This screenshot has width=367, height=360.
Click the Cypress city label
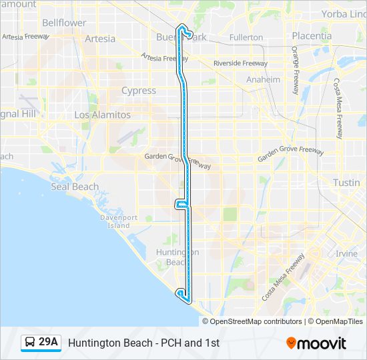point(139,91)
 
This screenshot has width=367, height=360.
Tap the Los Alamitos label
point(102,115)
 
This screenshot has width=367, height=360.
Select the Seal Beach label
point(75,187)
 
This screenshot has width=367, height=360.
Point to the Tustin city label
point(346,183)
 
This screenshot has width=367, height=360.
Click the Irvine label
point(346,254)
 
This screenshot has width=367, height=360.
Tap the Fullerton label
point(246,37)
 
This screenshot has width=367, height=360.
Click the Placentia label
point(312,36)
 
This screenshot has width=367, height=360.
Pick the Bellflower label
point(64,23)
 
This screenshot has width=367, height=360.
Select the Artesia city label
point(100,39)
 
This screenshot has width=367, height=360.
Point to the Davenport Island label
point(119,221)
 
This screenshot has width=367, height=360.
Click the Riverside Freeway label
point(240,63)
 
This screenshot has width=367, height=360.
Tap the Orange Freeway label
point(294,70)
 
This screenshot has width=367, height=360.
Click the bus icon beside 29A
point(30,343)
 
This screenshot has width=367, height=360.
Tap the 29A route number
point(49,343)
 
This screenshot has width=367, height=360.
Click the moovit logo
point(316,343)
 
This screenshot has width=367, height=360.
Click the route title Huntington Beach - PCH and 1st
point(143,343)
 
